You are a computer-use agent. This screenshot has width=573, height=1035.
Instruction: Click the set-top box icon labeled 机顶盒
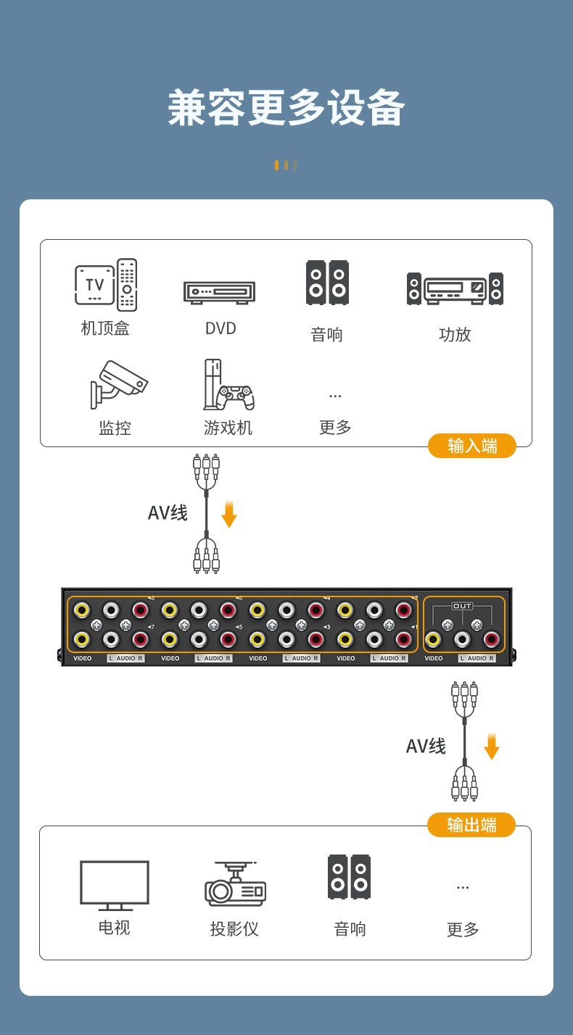tap(106, 285)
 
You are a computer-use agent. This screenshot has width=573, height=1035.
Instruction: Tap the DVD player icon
tap(219, 293)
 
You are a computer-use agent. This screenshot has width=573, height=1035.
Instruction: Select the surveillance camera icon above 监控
tap(118, 384)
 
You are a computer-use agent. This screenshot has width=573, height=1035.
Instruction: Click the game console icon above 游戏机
tap(229, 385)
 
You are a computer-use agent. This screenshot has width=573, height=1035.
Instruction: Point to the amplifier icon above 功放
tap(455, 288)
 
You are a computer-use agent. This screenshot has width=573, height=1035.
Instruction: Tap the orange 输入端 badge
tap(471, 446)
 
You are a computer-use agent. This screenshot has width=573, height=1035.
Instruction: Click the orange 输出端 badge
tap(471, 825)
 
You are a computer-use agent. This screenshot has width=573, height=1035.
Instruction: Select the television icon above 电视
tap(114, 885)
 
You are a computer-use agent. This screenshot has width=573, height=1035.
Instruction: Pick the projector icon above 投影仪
tap(236, 884)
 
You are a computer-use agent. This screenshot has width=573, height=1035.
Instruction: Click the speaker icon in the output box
tap(349, 876)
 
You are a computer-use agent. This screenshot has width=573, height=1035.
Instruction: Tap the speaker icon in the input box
tap(327, 283)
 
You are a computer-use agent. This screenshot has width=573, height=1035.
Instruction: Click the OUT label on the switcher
tap(463, 606)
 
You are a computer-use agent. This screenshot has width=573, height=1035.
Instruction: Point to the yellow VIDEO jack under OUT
tap(433, 639)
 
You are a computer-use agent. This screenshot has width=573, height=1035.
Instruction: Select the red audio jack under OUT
tap(491, 639)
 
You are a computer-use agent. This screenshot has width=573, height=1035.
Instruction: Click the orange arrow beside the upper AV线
tap(229, 515)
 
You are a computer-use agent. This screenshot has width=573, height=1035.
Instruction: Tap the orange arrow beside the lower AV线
tap(492, 747)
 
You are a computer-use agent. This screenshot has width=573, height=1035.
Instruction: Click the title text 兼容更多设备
tap(286, 108)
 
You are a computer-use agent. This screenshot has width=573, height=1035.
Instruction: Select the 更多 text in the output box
tap(463, 929)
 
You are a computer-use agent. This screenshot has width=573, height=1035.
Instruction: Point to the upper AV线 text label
tap(168, 513)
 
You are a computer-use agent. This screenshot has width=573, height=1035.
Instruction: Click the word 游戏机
tap(228, 428)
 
